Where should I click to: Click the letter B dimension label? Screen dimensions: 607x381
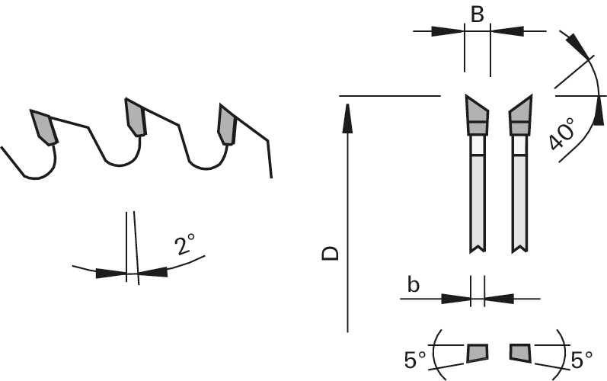pos(478,14)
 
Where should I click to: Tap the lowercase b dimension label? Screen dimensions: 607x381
pos(414,285)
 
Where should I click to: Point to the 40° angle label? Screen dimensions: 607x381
pos(562,133)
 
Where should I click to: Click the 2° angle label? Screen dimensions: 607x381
pos(184,244)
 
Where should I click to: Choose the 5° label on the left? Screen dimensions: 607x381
pos(415,360)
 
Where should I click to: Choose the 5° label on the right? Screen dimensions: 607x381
pos(582,360)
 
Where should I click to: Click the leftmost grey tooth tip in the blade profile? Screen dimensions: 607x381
pos(43,127)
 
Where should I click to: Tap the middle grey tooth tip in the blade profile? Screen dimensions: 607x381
pos(136,117)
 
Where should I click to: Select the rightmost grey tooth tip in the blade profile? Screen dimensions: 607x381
pos(227,124)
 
